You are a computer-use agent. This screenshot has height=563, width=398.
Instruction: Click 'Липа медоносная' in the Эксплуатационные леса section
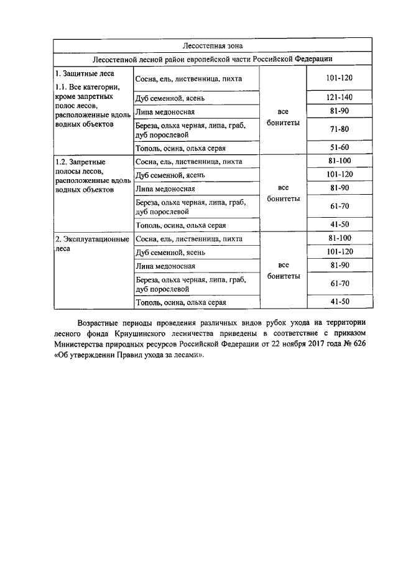(165, 266)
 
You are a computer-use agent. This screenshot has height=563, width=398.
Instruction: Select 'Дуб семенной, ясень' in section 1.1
(170, 98)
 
